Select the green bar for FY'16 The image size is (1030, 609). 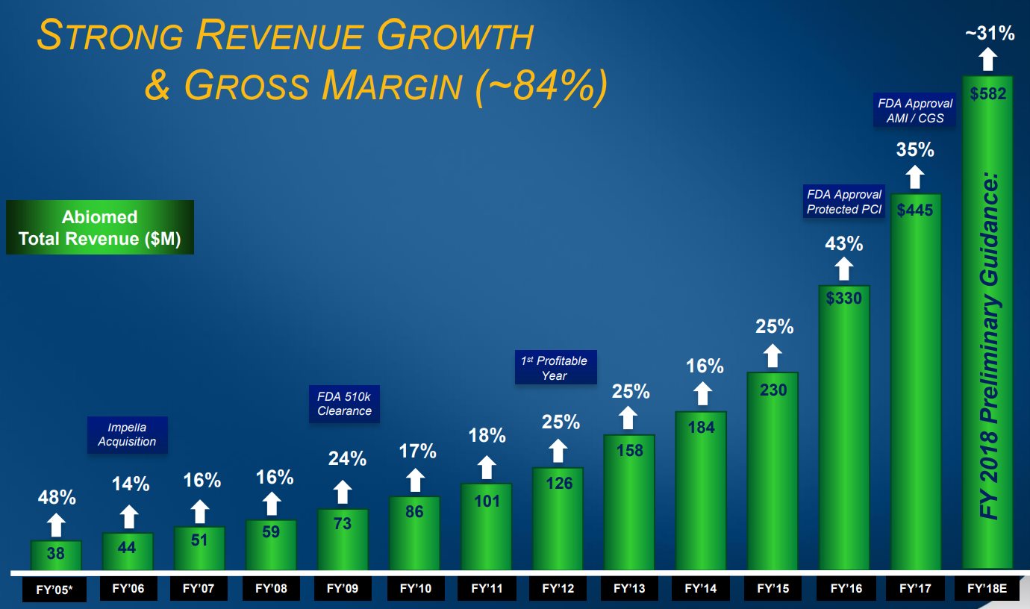coord(844,433)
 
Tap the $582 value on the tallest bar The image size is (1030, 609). coord(987,94)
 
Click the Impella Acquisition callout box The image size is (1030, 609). coord(127,434)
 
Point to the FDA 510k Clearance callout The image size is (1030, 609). coord(344,404)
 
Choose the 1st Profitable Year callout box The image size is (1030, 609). coord(555,368)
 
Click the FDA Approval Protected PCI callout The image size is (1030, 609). coord(844,202)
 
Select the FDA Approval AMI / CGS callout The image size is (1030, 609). coord(915,111)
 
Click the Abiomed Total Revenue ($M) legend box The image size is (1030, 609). coord(99,228)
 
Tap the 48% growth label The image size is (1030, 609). coord(57,498)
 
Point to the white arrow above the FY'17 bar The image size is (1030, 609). coord(915,178)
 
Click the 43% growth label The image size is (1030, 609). coord(844,244)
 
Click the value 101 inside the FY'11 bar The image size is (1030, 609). coord(487,501)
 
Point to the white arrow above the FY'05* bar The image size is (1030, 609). coord(57,525)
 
